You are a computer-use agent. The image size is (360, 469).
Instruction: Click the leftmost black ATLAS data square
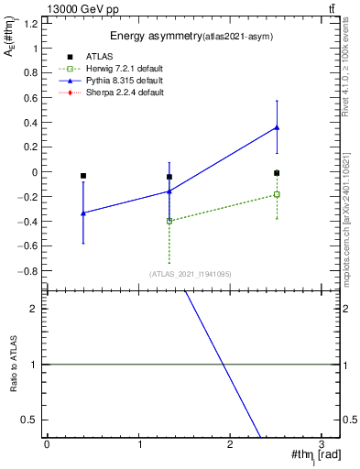[83, 176]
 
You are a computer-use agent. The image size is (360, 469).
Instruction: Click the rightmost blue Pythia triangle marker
[277, 127]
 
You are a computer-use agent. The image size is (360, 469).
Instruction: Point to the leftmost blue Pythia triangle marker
[83, 213]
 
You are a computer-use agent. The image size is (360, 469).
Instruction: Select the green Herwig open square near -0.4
[169, 221]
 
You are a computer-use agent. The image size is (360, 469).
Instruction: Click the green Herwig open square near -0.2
[277, 194]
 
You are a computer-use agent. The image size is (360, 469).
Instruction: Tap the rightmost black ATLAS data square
[277, 172]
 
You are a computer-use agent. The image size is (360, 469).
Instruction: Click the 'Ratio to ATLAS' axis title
[12, 364]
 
